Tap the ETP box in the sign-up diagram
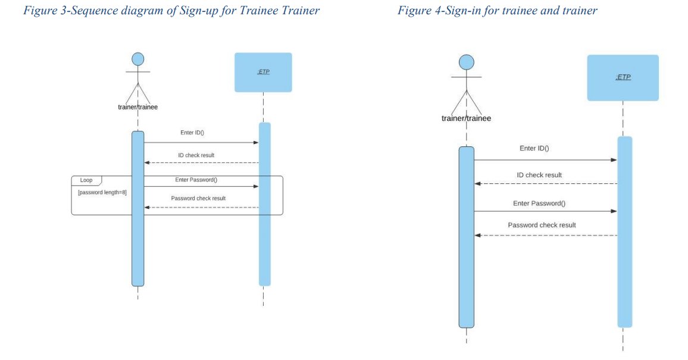[x=263, y=72]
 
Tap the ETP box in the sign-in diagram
[x=623, y=77]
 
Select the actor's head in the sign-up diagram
[x=138, y=59]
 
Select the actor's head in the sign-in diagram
[x=466, y=62]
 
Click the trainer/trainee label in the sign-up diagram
[x=137, y=107]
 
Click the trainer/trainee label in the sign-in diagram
[x=466, y=118]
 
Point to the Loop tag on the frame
[x=86, y=180]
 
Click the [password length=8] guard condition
[x=102, y=192]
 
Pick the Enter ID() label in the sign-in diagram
[x=534, y=148]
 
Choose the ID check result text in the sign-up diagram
[x=196, y=155]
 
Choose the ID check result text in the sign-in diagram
[x=539, y=175]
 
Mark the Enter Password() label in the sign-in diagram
[x=539, y=203]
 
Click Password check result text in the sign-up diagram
[x=198, y=198]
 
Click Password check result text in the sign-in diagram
[x=542, y=225]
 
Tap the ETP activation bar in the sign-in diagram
[x=624, y=231]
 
